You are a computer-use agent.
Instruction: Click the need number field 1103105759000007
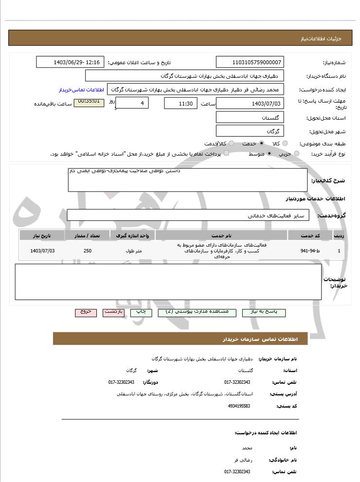point(250,62)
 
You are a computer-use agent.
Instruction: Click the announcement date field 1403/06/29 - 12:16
point(70,62)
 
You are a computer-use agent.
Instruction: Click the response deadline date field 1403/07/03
point(250,104)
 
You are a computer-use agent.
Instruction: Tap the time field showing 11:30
point(181,104)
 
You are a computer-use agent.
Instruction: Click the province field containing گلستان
point(250,118)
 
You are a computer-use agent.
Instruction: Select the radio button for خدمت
point(262,143)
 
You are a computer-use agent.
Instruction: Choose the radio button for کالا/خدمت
point(231,143)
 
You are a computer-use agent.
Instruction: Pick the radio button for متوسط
point(269,154)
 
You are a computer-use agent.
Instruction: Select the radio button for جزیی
point(297,154)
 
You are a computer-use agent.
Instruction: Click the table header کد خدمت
point(310,235)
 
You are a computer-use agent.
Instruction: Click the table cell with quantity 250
point(88,251)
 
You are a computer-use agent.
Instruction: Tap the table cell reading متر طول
point(133,251)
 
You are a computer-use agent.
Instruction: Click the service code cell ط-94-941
point(310,251)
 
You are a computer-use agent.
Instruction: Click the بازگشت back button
point(114,312)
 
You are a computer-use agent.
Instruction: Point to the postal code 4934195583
point(239,406)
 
